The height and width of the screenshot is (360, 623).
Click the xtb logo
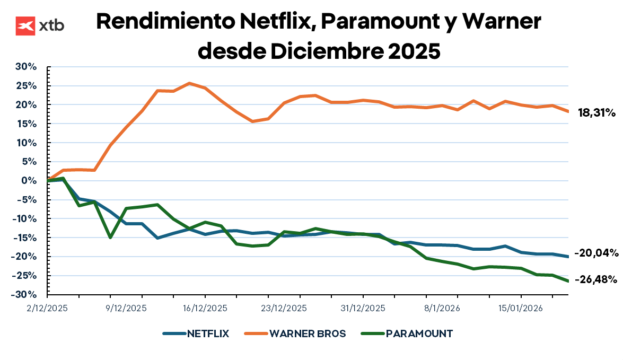[x=40, y=25]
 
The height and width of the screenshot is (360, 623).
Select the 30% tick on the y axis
[x=25, y=67]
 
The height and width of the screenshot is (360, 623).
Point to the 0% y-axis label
[x=29, y=181]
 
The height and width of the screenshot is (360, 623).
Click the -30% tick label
[x=24, y=295]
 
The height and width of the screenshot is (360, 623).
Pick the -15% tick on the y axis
[x=24, y=238]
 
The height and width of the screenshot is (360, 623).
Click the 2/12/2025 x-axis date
[x=47, y=308]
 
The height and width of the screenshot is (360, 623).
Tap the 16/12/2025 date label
[x=205, y=308]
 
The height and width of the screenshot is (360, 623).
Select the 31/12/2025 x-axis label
[x=363, y=308]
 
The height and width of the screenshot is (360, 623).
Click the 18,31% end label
[x=596, y=112]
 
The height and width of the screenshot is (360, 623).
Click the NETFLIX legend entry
[x=196, y=333]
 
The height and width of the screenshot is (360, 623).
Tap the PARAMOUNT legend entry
[x=407, y=333]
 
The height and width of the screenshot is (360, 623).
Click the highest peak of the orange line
[x=189, y=83]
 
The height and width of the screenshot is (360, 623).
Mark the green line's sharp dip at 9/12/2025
[x=110, y=237]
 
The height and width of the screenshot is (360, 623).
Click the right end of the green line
[x=567, y=281]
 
